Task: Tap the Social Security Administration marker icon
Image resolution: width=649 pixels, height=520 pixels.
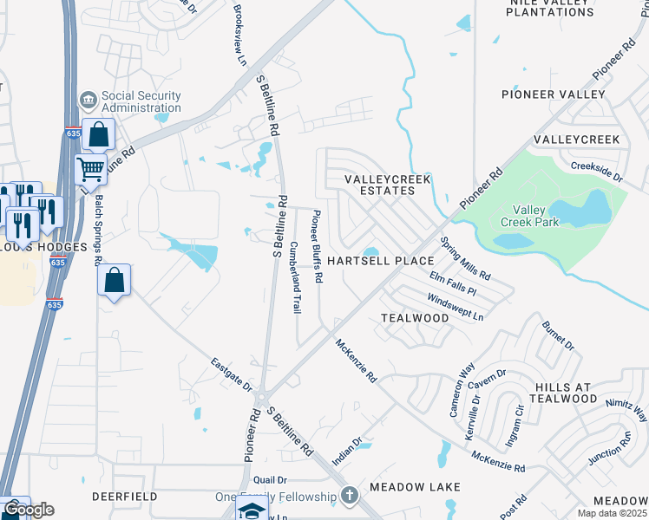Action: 88,101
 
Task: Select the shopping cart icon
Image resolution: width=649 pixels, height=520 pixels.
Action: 90,169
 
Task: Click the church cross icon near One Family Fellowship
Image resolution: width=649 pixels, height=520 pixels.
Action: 349,496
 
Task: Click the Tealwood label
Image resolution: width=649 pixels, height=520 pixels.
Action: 415,318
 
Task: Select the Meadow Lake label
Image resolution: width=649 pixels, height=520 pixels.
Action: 413,487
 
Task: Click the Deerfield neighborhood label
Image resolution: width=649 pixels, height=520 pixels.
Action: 125,497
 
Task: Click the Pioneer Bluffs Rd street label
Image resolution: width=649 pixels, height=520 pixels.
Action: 318,247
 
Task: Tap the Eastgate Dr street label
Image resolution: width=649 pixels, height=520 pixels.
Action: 231,374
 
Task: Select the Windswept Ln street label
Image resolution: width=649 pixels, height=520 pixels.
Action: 455,307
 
